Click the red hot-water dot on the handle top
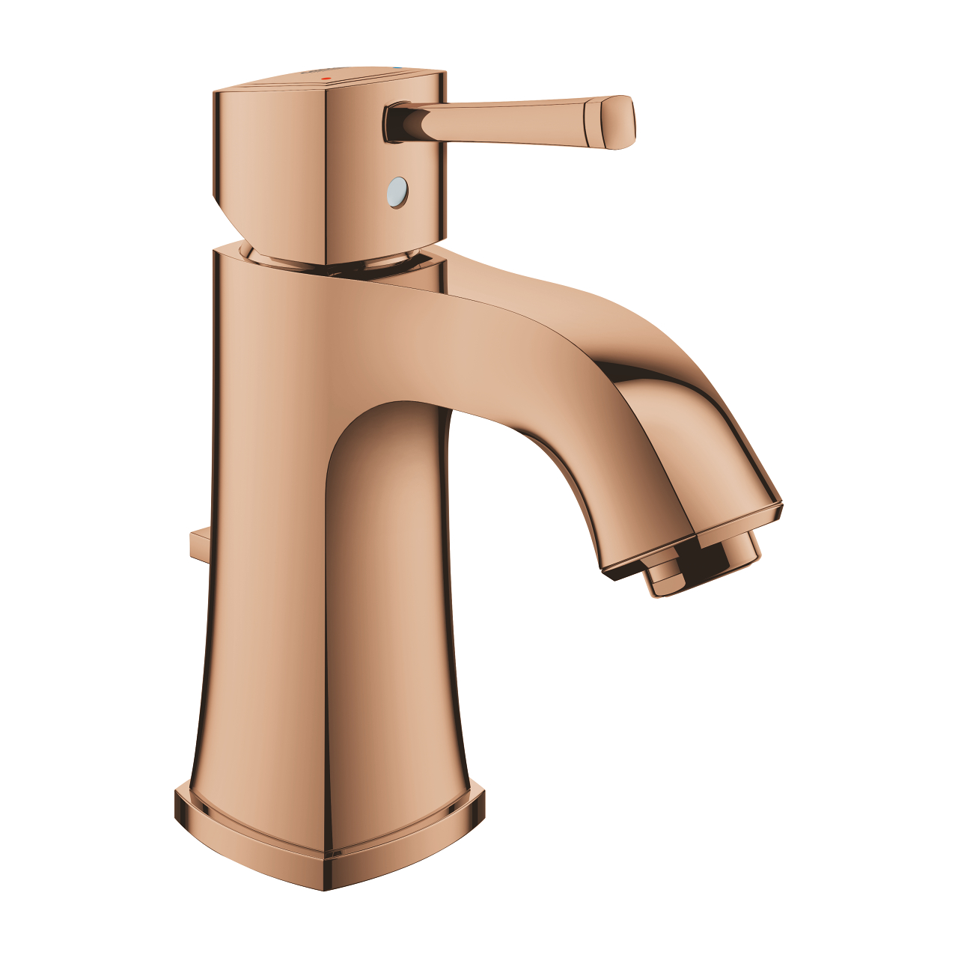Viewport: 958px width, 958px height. click(324, 78)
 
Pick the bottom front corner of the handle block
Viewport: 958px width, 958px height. click(326, 262)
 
